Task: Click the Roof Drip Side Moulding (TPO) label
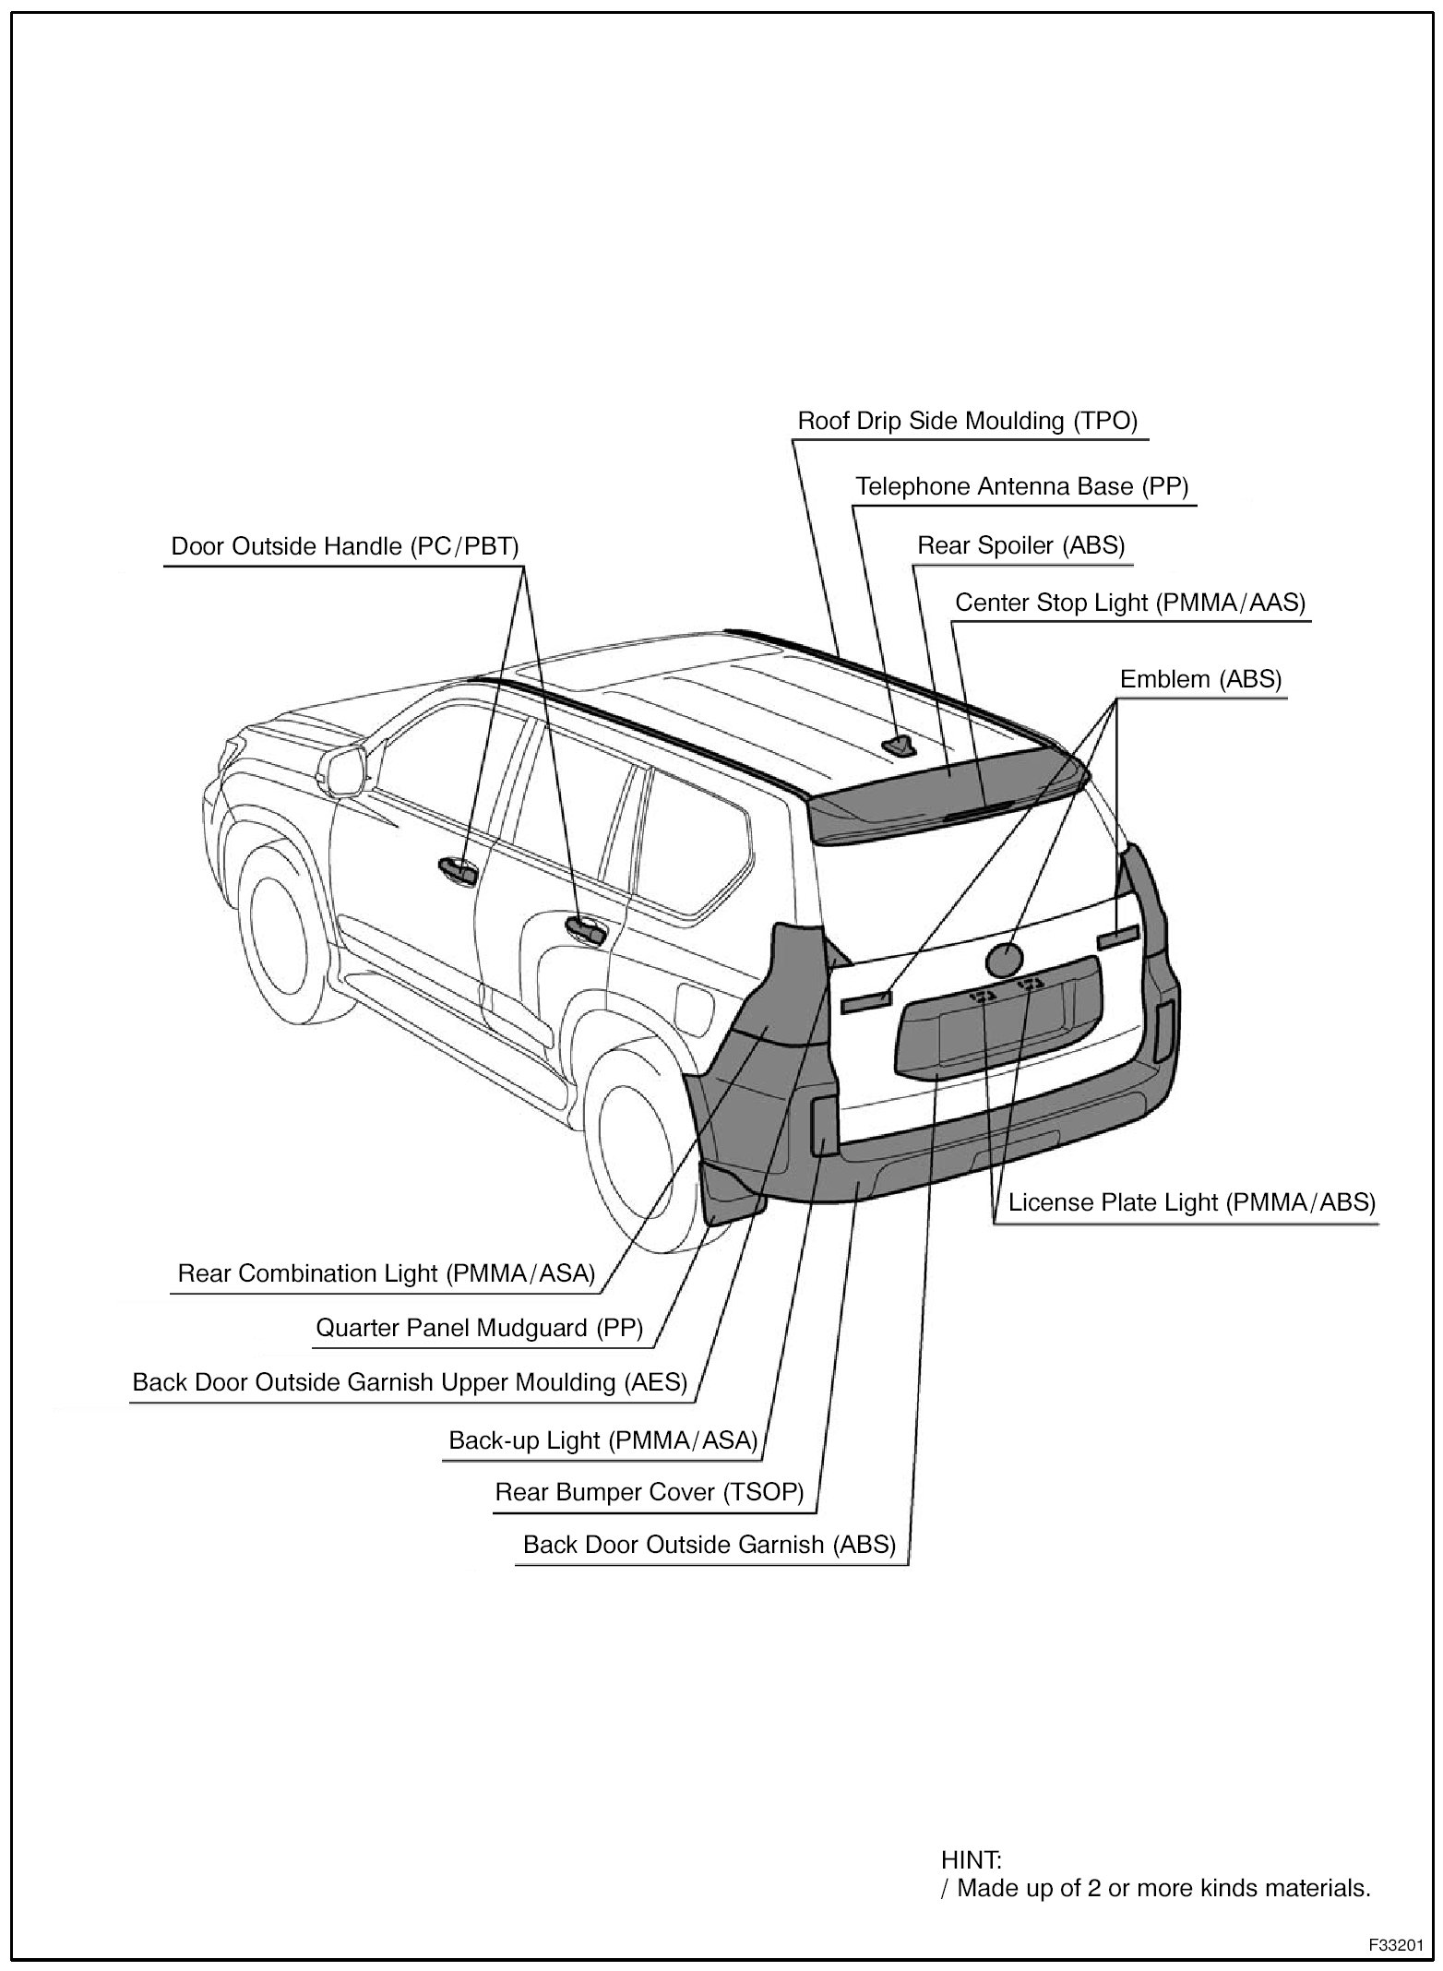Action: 967,422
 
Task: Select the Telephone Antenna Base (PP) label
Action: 1021,486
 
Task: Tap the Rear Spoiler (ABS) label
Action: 1020,545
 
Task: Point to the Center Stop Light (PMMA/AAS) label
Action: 1130,603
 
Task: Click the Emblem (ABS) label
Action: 1200,679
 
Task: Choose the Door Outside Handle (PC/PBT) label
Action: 345,546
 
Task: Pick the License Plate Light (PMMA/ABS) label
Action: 1191,1202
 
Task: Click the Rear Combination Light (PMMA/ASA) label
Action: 386,1273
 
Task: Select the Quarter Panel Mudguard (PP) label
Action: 479,1328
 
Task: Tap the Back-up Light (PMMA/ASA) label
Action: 602,1439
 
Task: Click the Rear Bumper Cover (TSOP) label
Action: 650,1492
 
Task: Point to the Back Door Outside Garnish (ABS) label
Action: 710,1545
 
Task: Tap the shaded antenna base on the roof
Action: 898,745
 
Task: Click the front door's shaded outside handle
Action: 457,867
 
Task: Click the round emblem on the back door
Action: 1005,961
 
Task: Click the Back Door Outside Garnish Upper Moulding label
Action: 410,1382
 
